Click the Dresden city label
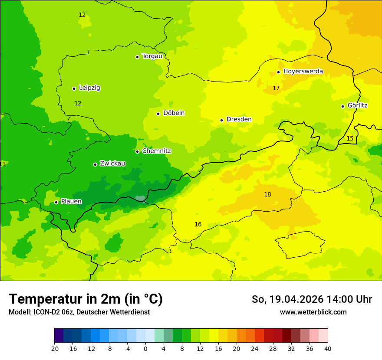click(239, 119)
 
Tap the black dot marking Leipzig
click(74, 88)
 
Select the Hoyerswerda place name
click(303, 71)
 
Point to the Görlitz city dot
click(342, 106)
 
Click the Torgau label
click(152, 56)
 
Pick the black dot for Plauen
click(56, 202)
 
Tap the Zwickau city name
click(112, 164)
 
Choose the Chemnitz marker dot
click(137, 151)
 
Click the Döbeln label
click(174, 113)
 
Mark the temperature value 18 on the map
click(267, 194)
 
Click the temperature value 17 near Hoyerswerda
click(276, 88)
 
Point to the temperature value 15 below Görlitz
click(350, 138)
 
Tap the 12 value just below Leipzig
click(78, 103)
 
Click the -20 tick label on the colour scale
click(54, 348)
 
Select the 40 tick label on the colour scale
click(327, 348)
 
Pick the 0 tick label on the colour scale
click(145, 348)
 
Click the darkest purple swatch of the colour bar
click(59, 336)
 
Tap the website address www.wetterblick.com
click(313, 312)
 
